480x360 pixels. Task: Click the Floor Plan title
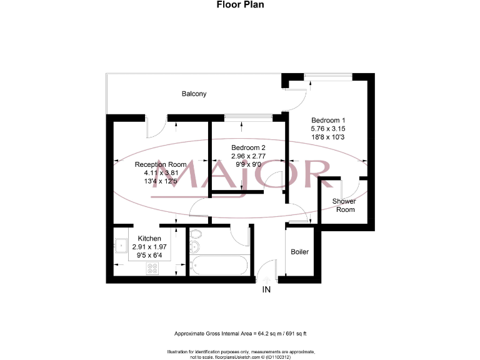pos(240,5)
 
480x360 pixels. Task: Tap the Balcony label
pos(194,94)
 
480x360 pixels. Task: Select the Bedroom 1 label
pos(328,120)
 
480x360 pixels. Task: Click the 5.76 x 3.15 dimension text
pos(328,128)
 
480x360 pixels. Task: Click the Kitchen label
pos(149,239)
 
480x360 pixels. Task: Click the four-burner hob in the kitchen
pos(152,269)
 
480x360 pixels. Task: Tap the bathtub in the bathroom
pos(219,266)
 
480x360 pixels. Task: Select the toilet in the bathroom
pos(196,236)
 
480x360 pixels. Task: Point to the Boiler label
pos(299,252)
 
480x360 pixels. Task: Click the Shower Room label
pos(344,205)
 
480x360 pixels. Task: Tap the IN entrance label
pos(266,289)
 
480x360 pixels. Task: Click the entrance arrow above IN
pos(266,279)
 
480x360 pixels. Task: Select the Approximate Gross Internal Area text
pos(239,334)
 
